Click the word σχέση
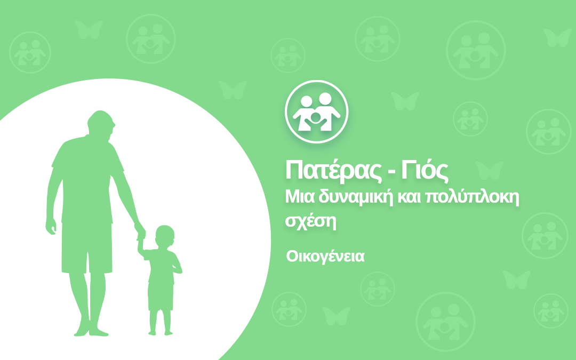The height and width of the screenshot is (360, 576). (311, 221)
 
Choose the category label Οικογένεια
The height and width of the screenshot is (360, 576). (325, 257)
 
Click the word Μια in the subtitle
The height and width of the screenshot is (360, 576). (300, 197)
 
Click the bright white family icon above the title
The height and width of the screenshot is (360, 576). (316, 111)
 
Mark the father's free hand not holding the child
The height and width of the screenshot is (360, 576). (51, 226)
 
